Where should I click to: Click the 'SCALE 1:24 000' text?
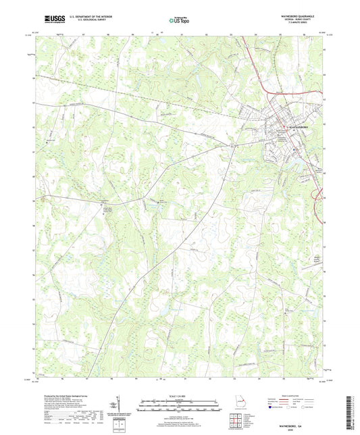tap(179, 395)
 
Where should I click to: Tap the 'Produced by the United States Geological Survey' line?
tap(70, 395)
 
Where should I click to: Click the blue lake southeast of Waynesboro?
tap(297, 163)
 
